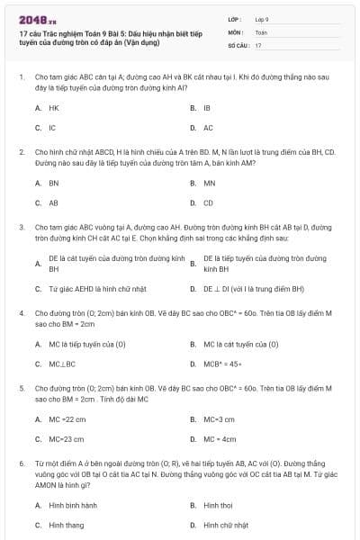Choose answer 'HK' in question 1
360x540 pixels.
(54, 107)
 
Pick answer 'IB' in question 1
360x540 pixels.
(207, 107)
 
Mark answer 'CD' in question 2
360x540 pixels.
(208, 203)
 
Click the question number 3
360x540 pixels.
(21, 228)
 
